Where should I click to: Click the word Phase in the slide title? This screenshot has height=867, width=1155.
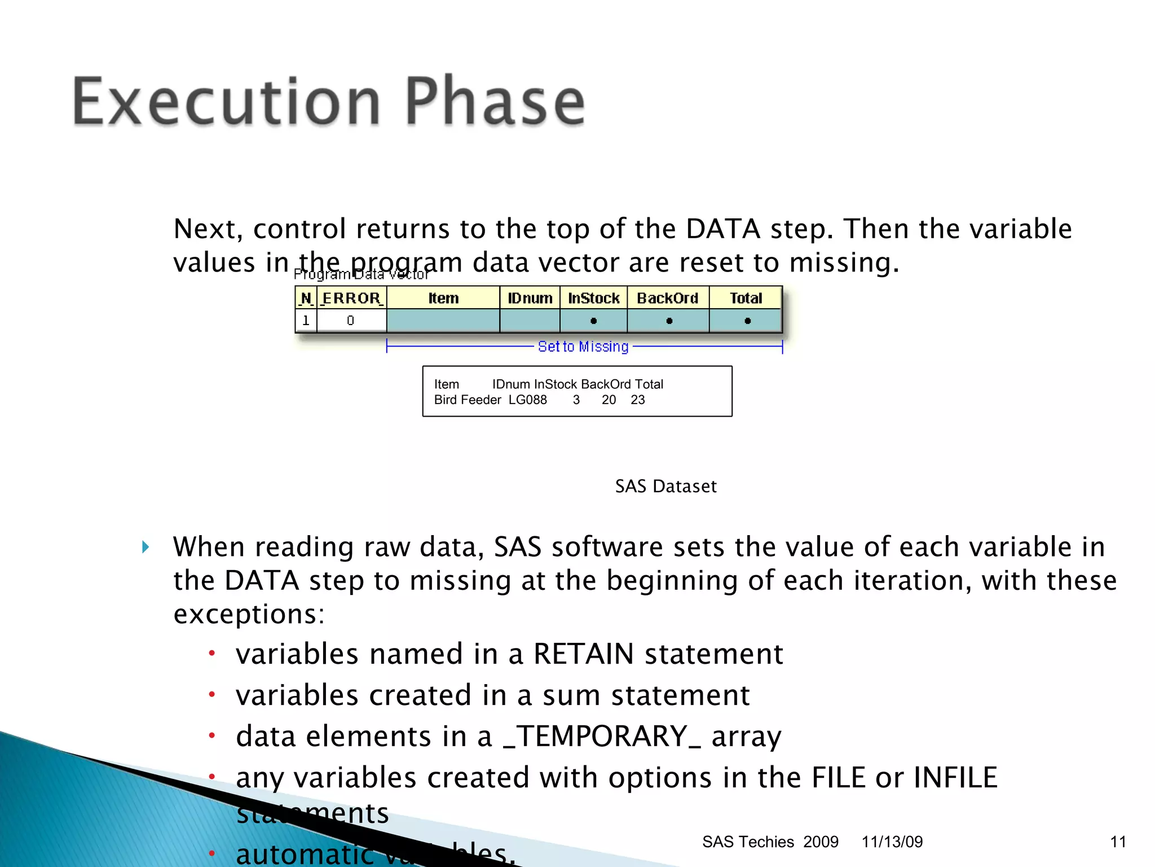[x=495, y=102]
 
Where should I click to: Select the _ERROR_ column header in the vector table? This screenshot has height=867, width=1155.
[x=351, y=298]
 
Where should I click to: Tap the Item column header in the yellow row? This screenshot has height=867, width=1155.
[x=443, y=298]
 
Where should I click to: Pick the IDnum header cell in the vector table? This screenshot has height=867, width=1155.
[x=530, y=298]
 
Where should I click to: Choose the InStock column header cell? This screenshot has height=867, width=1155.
[x=593, y=298]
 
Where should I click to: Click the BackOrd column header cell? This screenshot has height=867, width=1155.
[x=668, y=298]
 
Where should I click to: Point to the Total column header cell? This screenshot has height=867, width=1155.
[x=746, y=298]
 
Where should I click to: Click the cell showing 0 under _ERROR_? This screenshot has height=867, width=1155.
[x=351, y=321]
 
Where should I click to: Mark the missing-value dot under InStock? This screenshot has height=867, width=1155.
[x=593, y=321]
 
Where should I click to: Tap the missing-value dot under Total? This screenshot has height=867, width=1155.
[x=747, y=321]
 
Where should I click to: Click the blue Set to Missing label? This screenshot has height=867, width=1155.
[x=583, y=347]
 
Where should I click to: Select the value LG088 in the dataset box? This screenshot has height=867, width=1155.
[x=527, y=400]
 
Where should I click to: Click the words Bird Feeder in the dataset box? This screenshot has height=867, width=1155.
[x=468, y=400]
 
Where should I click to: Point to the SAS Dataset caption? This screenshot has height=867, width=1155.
[x=665, y=487]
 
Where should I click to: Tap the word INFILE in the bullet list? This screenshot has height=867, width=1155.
[x=955, y=778]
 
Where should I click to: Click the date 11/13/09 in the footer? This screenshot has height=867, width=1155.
[x=892, y=842]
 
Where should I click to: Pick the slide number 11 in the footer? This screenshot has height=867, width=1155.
[x=1118, y=842]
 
